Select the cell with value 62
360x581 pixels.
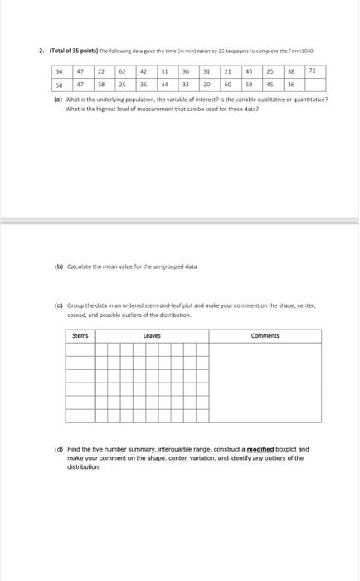pos(122,72)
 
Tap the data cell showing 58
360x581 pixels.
pos(59,85)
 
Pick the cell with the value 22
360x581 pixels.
pos(101,72)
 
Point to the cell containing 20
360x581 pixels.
pos(207,85)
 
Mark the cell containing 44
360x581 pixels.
pos(164,85)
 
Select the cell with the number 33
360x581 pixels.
pos(186,85)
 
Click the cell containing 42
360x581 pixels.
pos(144,72)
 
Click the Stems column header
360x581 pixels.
pos(80,335)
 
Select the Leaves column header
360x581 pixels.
pos(152,335)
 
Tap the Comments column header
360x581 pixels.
pos(265,335)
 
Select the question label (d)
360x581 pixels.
pos(58,448)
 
